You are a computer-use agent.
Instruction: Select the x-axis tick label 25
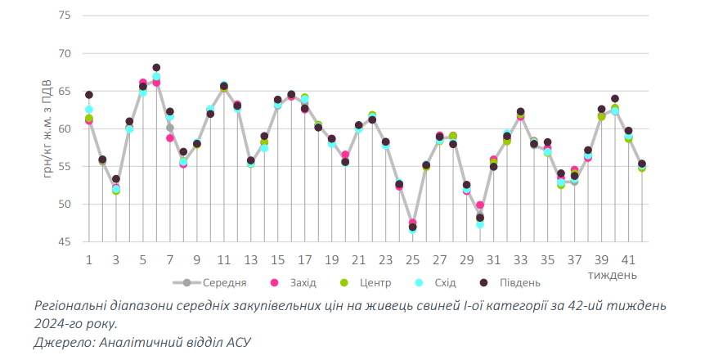(x=412, y=259)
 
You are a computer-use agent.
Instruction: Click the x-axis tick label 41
(x=629, y=259)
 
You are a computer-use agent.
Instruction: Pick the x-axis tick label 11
(x=223, y=259)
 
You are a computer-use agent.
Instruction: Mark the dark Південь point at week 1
(x=89, y=95)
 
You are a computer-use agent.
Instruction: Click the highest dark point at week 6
(x=156, y=68)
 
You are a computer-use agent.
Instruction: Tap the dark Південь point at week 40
(x=615, y=99)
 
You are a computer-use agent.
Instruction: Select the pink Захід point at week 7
(x=170, y=138)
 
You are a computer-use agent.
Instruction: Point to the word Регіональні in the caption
(x=71, y=304)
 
